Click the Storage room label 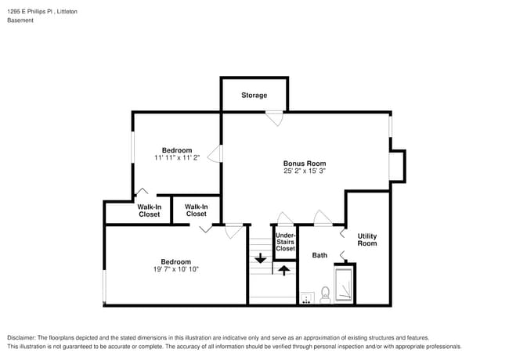254,95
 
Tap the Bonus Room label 304,163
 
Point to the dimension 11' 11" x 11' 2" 177,157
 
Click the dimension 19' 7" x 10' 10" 175,269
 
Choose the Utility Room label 367,239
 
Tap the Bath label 319,255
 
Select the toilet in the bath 324,295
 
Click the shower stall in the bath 345,283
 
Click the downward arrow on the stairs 260,258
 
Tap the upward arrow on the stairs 283,270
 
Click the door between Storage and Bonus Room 273,117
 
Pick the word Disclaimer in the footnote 23,337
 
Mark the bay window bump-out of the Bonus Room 398,165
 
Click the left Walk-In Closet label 150,211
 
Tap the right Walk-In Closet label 196,210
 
